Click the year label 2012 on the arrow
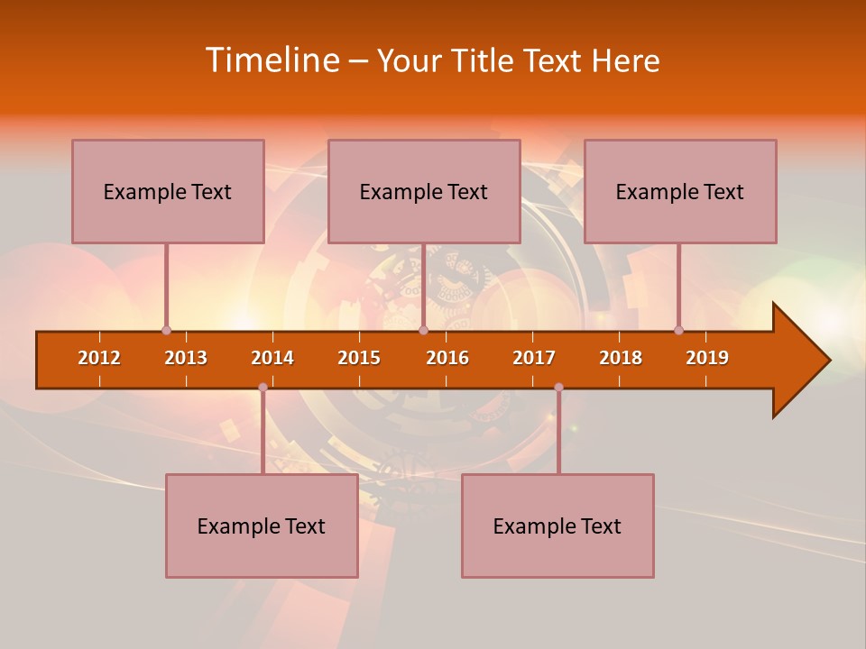tap(99, 358)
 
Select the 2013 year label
tap(186, 358)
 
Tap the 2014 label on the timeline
tap(272, 358)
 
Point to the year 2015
tap(359, 358)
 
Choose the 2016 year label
tap(447, 358)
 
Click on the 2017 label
tap(534, 358)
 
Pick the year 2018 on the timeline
tap(621, 358)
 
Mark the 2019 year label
tap(707, 358)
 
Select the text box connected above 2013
tap(168, 191)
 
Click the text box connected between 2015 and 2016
tap(424, 191)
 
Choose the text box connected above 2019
tap(680, 191)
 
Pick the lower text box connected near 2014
tap(262, 526)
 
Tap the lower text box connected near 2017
tap(557, 526)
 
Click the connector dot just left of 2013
tap(166, 331)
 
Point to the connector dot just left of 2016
tap(423, 331)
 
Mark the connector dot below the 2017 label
tap(558, 388)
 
